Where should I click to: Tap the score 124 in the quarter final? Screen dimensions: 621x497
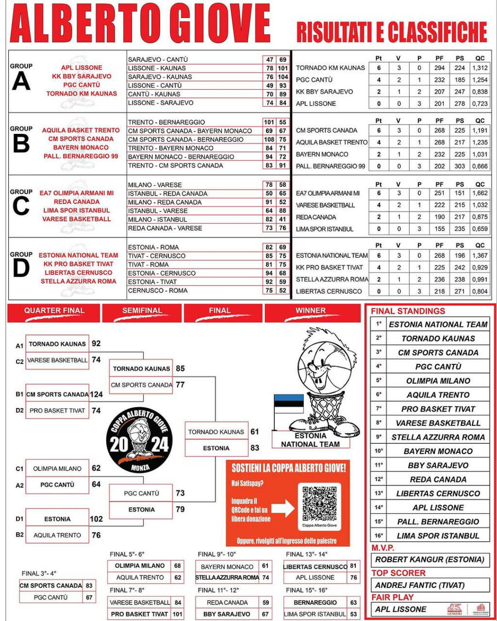96,394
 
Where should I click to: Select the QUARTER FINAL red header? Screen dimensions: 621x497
54,310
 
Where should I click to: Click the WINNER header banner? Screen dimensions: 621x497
311,310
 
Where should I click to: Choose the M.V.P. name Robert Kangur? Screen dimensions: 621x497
430,559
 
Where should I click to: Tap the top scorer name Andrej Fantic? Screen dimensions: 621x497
420,585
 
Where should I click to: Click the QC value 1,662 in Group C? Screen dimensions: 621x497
480,193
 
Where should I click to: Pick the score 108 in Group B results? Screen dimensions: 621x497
269,139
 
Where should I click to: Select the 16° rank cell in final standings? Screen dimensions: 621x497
379,536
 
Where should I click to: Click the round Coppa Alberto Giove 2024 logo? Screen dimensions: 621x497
139,440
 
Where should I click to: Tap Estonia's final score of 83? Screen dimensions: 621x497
255,448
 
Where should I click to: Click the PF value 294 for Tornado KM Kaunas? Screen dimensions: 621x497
439,68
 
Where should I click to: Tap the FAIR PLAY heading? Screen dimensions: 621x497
392,597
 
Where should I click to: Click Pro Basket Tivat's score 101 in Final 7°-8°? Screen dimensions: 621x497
178,614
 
